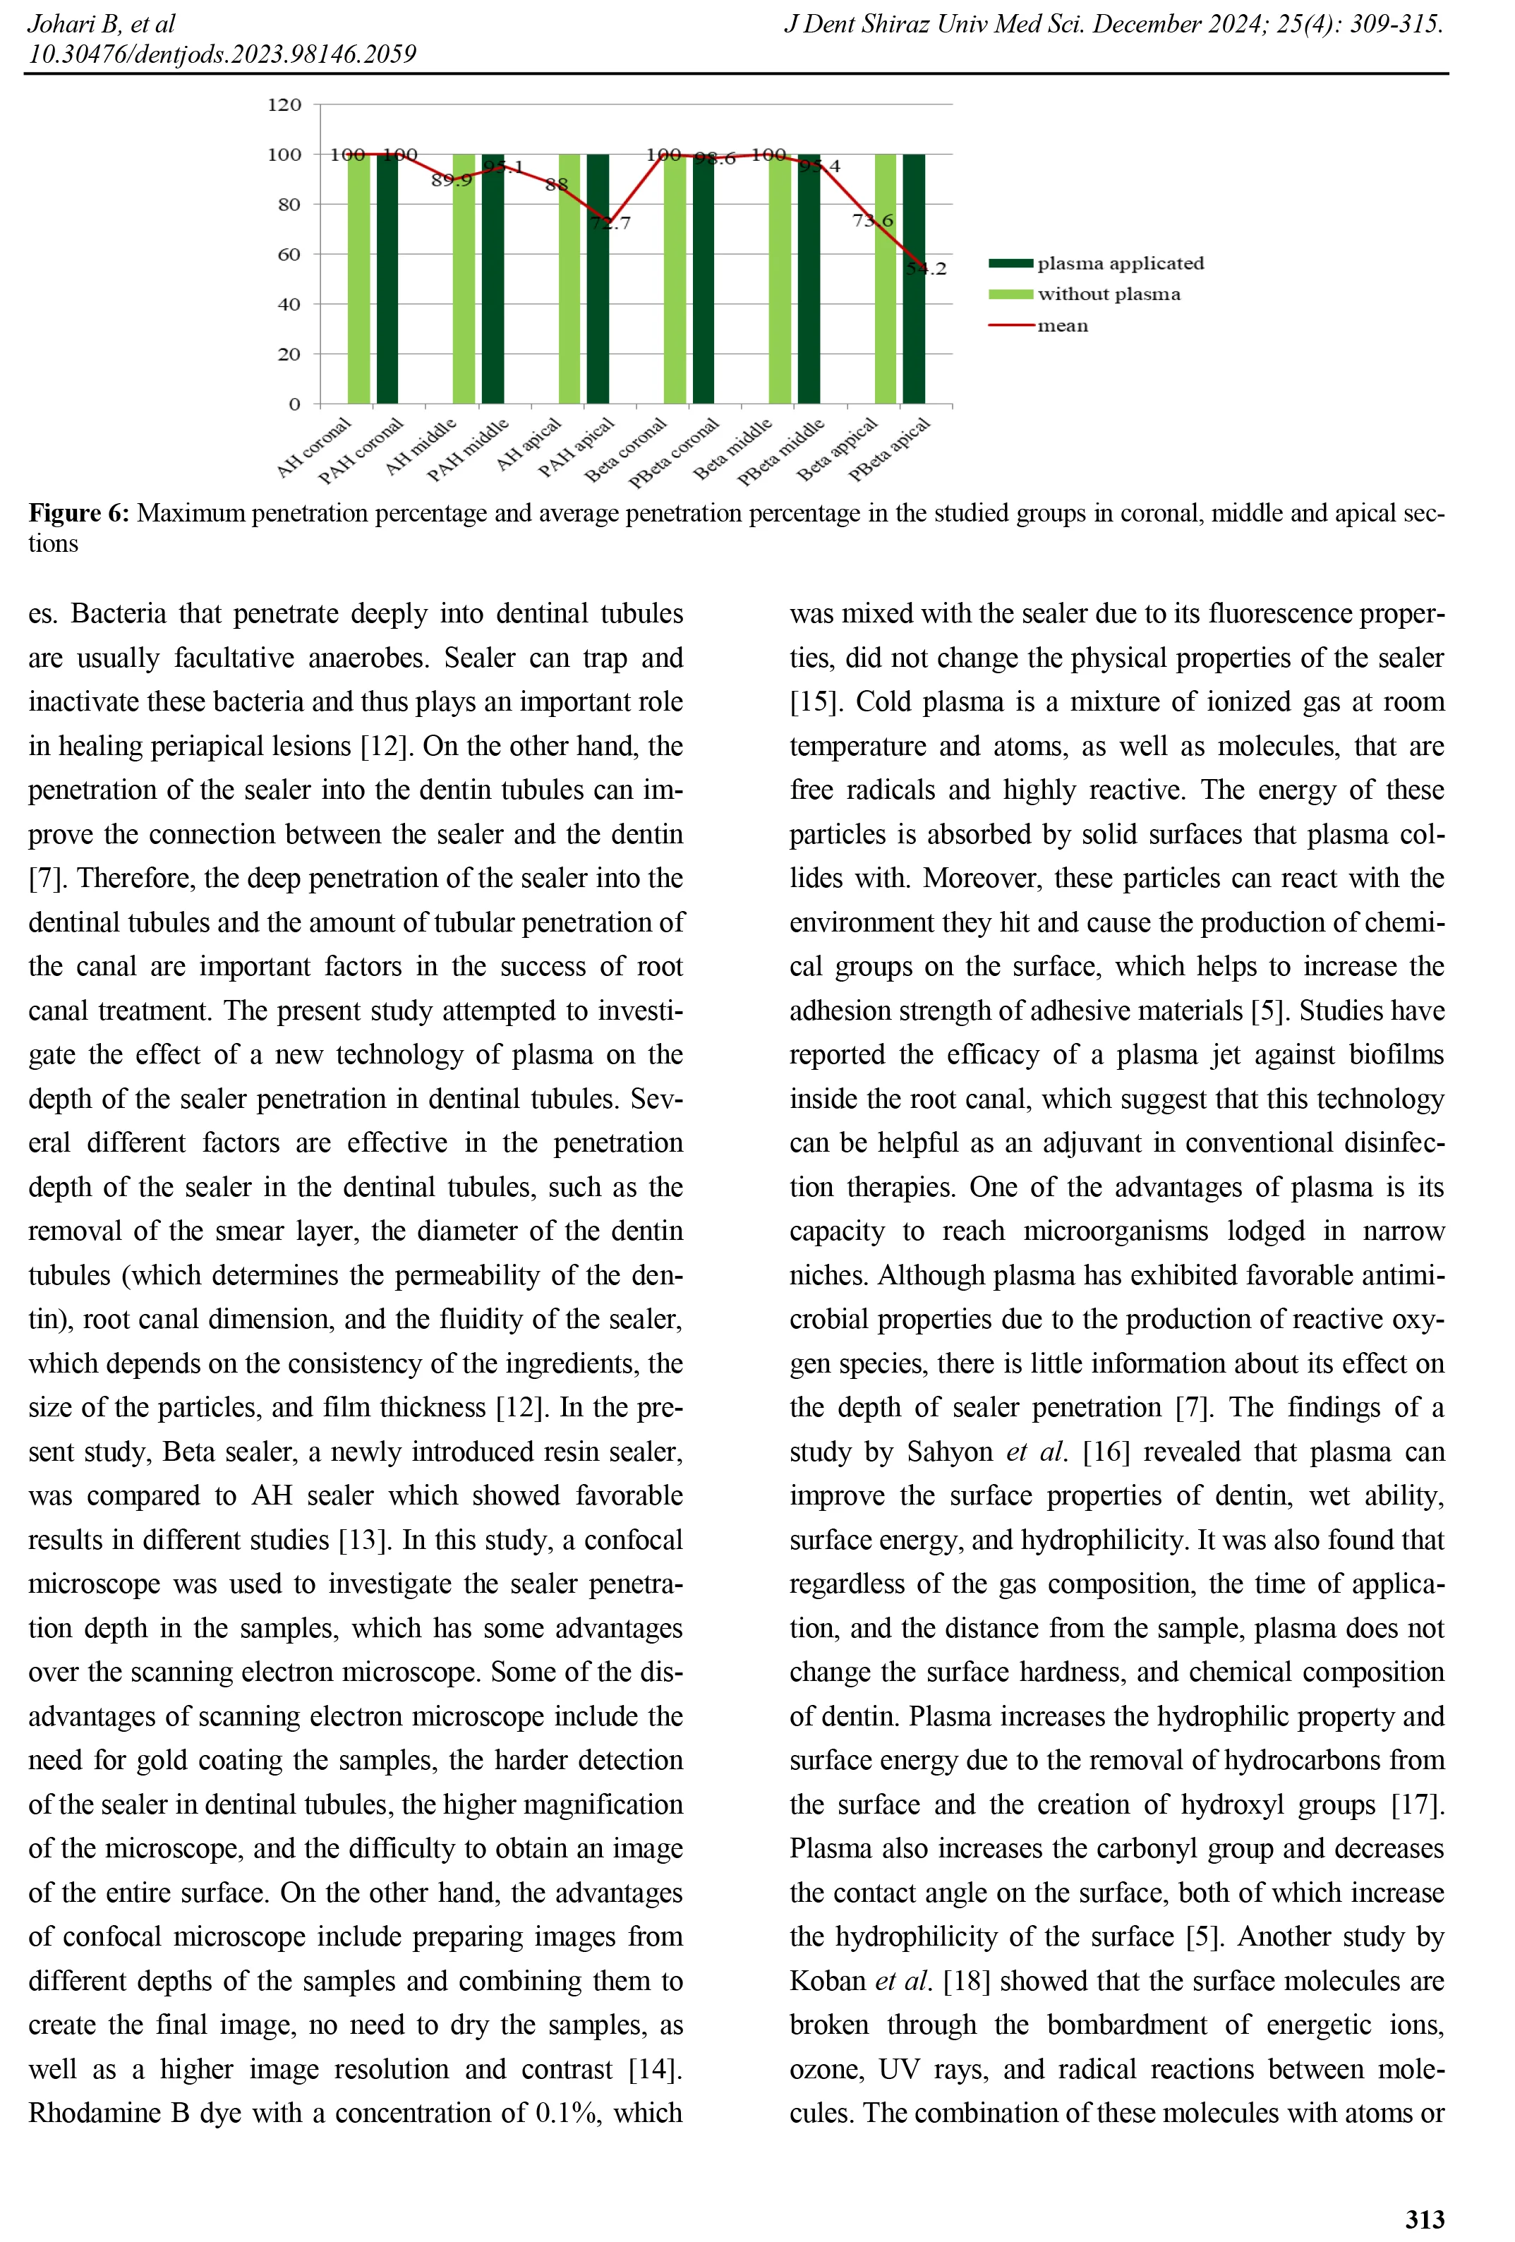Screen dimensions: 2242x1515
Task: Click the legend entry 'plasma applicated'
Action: [x=1120, y=263]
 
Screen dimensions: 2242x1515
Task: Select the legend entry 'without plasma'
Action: [x=1108, y=294]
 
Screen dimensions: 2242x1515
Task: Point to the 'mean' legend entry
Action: [x=1062, y=326]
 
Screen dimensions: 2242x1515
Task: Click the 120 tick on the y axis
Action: [x=284, y=104]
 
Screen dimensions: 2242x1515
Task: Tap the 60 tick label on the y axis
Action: [x=289, y=255]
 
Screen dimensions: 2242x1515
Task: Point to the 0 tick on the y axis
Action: [x=294, y=404]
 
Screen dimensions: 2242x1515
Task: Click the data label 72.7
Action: [x=610, y=224]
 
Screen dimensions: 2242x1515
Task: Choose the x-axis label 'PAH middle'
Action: [x=469, y=450]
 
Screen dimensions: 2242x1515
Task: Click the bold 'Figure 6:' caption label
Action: [x=78, y=512]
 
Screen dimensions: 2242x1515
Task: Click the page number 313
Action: [x=1425, y=2218]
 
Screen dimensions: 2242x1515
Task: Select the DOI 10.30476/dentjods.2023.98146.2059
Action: [x=222, y=54]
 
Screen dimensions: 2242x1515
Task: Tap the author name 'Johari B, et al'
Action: [x=101, y=23]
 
